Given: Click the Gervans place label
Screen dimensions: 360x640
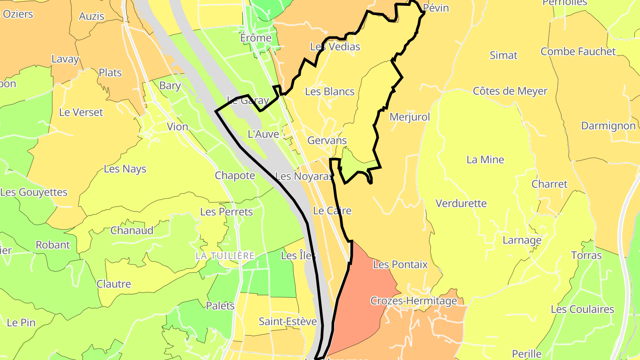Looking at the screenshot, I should click(327, 140).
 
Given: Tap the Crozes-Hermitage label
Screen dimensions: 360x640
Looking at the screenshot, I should click(413, 301).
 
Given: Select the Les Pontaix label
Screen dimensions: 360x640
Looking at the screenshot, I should click(400, 264).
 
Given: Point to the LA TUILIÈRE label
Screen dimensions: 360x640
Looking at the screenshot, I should click(225, 256).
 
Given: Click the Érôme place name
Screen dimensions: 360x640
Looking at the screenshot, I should click(256, 38).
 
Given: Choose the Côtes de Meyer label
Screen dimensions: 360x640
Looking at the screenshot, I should click(510, 91).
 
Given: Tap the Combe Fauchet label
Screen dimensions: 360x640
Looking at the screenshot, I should click(578, 52).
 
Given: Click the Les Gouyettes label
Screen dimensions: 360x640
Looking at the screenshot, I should click(34, 192).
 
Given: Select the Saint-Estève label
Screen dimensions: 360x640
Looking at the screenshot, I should click(288, 321).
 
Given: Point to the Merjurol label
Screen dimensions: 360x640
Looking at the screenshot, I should click(409, 117).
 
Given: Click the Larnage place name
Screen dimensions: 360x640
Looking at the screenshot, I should click(522, 240).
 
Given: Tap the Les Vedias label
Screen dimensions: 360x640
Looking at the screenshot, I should click(335, 47).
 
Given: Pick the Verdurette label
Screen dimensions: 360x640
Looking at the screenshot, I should click(461, 204).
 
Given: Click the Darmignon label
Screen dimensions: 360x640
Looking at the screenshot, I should click(608, 126).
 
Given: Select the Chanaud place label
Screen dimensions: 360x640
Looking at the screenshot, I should click(132, 230).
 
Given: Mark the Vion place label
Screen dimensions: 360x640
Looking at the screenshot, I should click(177, 127).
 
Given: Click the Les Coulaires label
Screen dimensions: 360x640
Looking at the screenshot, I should click(582, 309).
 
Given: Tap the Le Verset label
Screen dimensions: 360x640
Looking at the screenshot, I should click(81, 112).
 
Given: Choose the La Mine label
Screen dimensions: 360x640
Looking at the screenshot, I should click(485, 160).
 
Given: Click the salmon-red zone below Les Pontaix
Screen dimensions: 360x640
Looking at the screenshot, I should click(360, 307).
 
